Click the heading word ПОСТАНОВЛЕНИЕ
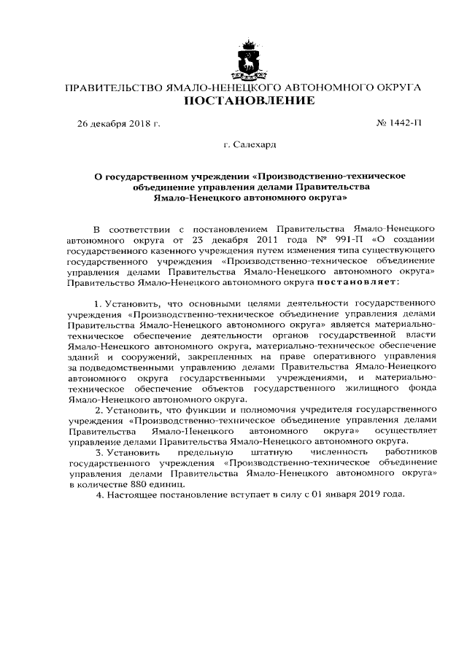point(242,101)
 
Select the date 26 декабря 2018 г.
point(119,124)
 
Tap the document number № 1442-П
point(398,124)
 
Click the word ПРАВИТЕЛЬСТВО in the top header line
point(115,88)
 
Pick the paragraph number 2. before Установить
point(99,410)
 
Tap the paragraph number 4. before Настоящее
point(99,495)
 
